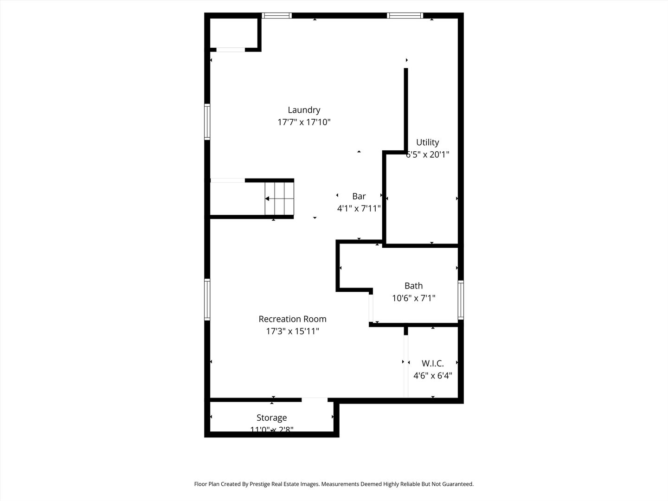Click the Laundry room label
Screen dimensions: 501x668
304,110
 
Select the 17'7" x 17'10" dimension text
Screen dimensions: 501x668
304,122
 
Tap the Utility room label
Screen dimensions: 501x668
427,142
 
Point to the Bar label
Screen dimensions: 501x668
359,196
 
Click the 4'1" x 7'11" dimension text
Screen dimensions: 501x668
359,209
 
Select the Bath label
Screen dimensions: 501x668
413,286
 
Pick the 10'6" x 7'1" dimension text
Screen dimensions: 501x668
413,298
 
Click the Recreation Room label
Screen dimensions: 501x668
292,319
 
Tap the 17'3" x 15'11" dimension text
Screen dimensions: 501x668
292,331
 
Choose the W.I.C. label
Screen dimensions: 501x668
432,363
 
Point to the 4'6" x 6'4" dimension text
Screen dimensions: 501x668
432,376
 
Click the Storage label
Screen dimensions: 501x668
271,418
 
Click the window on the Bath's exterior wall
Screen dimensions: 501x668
461,300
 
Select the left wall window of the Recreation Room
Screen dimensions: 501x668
207,300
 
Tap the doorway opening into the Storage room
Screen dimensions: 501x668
315,399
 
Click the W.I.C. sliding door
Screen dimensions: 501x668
406,366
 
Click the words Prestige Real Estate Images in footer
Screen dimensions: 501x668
284,484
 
